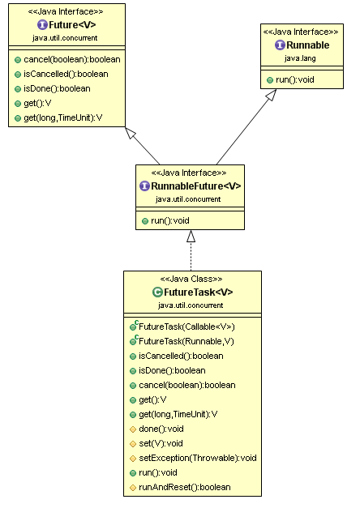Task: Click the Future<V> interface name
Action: (72, 25)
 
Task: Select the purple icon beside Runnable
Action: (280, 45)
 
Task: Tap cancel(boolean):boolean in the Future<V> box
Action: (72, 60)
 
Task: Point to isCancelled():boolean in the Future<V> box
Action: (66, 75)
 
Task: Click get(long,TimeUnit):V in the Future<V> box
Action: (63, 118)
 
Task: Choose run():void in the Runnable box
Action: (295, 79)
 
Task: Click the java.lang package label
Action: (300, 58)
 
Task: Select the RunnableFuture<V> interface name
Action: (196, 186)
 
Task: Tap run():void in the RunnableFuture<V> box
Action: (170, 221)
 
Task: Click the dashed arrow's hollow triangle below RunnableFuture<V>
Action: (191, 237)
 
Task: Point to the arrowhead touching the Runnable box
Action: (271, 95)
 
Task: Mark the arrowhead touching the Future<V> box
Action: (131, 133)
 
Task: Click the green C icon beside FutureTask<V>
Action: (157, 292)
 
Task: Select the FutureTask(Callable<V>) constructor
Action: (186, 327)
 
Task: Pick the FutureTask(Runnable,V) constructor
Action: (186, 341)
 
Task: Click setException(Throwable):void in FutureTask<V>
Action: (198, 458)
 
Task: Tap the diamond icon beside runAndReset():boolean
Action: (133, 488)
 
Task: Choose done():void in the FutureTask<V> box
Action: (161, 429)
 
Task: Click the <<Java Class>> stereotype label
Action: (191, 279)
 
